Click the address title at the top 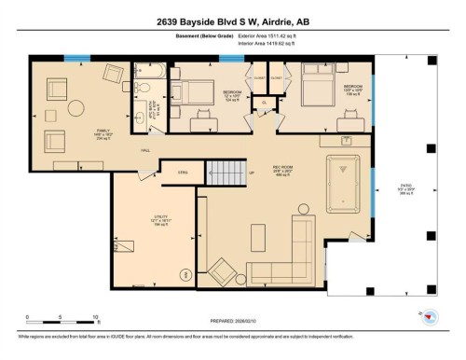point(233,15)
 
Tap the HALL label point(146,149)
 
